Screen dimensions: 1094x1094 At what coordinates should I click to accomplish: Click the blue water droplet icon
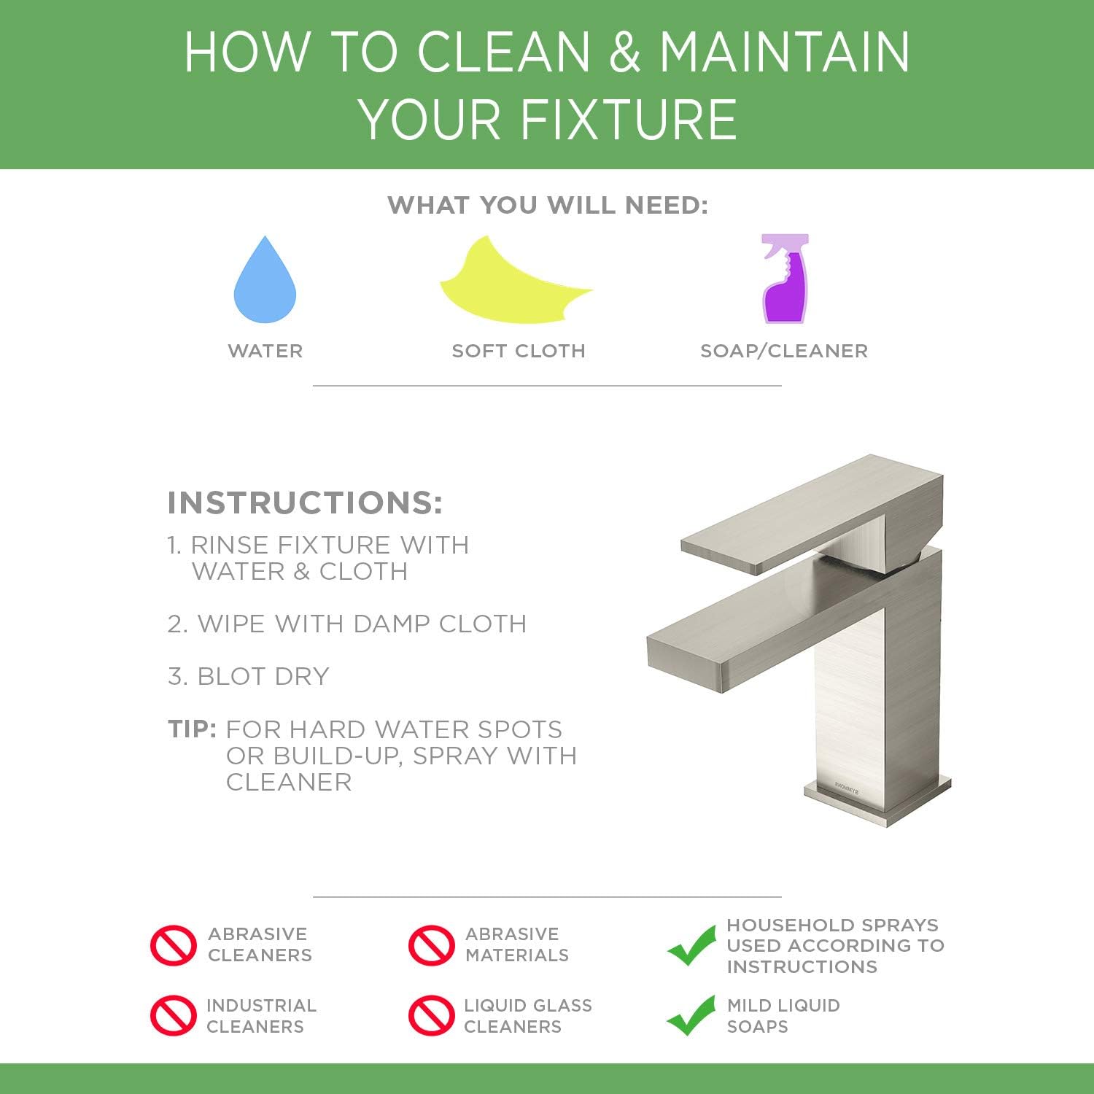[x=265, y=284]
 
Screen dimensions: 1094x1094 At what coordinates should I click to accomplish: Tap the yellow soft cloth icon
[x=511, y=286]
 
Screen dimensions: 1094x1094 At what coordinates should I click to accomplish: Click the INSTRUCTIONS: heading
[x=305, y=503]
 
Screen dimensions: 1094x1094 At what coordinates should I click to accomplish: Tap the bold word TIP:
[x=192, y=729]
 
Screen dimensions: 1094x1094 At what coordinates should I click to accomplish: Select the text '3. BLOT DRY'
[x=249, y=676]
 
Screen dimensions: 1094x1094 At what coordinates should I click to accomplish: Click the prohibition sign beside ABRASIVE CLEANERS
[x=174, y=945]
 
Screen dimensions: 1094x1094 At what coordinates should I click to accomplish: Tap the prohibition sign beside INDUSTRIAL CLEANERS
[x=174, y=1015]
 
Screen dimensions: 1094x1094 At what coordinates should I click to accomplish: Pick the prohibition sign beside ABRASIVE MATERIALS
[x=431, y=945]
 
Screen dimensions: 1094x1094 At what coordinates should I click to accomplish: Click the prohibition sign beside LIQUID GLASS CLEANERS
[x=431, y=1015]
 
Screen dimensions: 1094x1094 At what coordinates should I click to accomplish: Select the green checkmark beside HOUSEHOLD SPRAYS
[x=691, y=945]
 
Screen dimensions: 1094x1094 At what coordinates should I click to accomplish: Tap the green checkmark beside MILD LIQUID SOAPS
[x=691, y=1015]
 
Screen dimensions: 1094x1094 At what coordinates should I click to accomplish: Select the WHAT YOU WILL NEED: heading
[x=548, y=206]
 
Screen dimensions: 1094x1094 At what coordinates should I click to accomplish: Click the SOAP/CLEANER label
[x=784, y=351]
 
